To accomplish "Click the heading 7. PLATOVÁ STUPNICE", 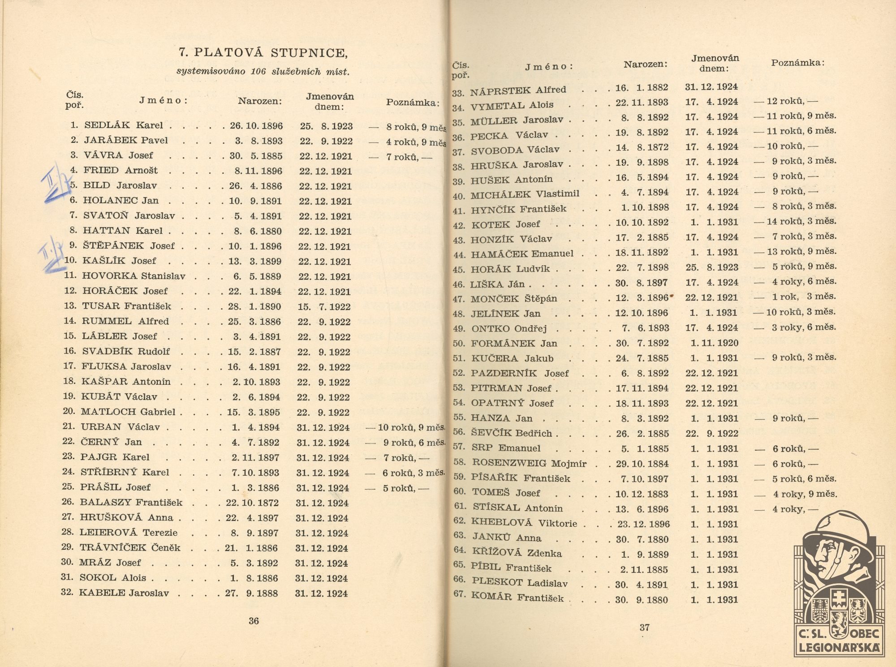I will (x=263, y=53).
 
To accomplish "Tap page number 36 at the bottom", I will (x=254, y=620).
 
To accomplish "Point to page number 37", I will (x=645, y=627).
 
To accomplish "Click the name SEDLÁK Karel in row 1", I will (x=123, y=125).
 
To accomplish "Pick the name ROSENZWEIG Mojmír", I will (x=529, y=463).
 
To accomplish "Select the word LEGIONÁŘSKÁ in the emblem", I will (x=839, y=647).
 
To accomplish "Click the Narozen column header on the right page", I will (x=645, y=65).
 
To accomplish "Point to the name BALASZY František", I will (x=131, y=502).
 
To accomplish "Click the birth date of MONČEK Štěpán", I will (x=642, y=298).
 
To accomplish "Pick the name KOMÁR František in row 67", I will (x=518, y=597).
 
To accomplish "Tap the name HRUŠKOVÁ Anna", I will (x=126, y=517).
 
